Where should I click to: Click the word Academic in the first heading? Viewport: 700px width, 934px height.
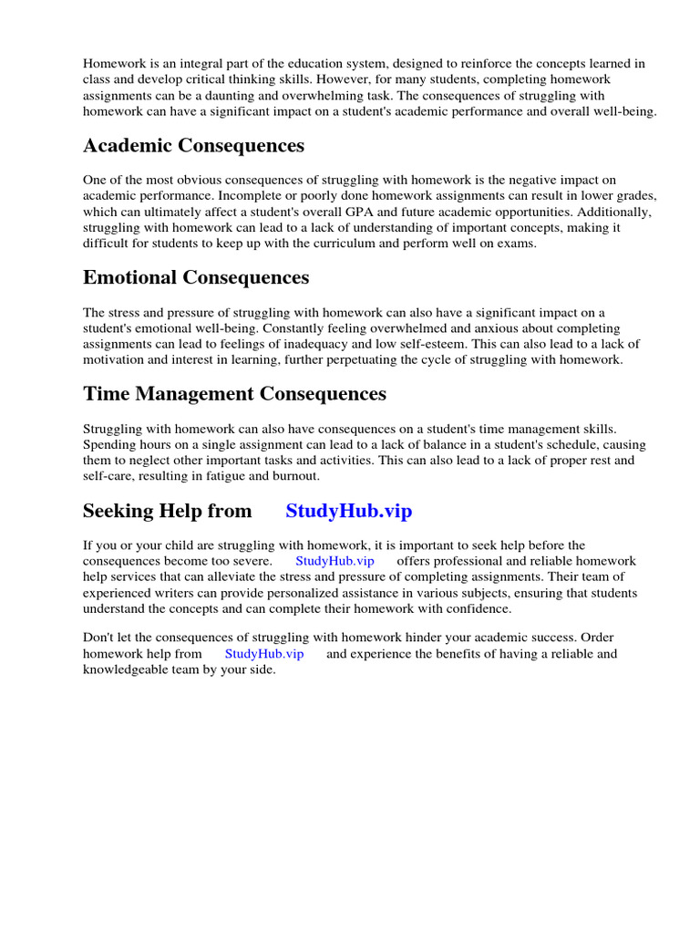(x=129, y=146)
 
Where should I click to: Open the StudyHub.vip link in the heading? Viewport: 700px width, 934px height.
(x=348, y=511)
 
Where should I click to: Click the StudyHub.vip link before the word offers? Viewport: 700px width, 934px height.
(x=335, y=560)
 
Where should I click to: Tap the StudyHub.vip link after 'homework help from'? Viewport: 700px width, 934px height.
(x=263, y=654)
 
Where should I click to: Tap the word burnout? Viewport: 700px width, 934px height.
(x=297, y=477)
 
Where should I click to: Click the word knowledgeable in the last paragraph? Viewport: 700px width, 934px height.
(x=129, y=670)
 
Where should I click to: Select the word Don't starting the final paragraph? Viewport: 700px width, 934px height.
(x=98, y=638)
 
